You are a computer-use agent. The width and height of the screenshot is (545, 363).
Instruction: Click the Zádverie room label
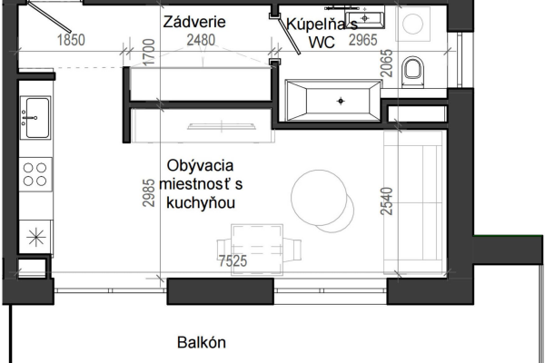pyautogui.click(x=194, y=22)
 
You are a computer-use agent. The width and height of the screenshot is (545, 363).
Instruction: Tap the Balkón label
pyautogui.click(x=202, y=342)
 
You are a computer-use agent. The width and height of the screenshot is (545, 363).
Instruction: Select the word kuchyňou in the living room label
pyautogui.click(x=201, y=203)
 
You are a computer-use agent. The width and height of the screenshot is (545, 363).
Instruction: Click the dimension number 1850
pyautogui.click(x=71, y=40)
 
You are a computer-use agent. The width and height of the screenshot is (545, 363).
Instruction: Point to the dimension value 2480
pyautogui.click(x=201, y=40)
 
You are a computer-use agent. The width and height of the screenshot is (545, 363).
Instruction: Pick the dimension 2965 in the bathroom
pyautogui.click(x=362, y=40)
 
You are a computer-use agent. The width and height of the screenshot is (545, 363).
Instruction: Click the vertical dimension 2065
pyautogui.click(x=387, y=64)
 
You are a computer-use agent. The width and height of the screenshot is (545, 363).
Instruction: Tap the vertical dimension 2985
pyautogui.click(x=148, y=192)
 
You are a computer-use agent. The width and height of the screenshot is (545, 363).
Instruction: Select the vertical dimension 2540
pyautogui.click(x=387, y=201)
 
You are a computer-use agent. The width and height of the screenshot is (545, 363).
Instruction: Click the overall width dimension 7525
pyautogui.click(x=233, y=260)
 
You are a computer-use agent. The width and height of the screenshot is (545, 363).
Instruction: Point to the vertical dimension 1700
pyautogui.click(x=148, y=52)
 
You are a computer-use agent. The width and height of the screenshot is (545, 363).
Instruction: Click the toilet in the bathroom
pyautogui.click(x=413, y=71)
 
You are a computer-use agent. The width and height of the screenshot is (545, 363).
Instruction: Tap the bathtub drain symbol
pyautogui.click(x=341, y=101)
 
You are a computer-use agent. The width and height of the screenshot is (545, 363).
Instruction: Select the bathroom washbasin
pyautogui.click(x=364, y=18)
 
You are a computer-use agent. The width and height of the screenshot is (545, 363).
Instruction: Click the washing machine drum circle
pyautogui.click(x=413, y=24)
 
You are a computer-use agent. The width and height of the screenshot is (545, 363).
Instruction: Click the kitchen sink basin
pyautogui.click(x=35, y=118)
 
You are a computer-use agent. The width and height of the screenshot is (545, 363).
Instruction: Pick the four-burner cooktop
pyautogui.click(x=35, y=174)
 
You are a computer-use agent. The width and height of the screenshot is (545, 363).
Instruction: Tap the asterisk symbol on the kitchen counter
pyautogui.click(x=36, y=238)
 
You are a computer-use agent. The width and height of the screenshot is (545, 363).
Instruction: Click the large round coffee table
pyautogui.click(x=319, y=197)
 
